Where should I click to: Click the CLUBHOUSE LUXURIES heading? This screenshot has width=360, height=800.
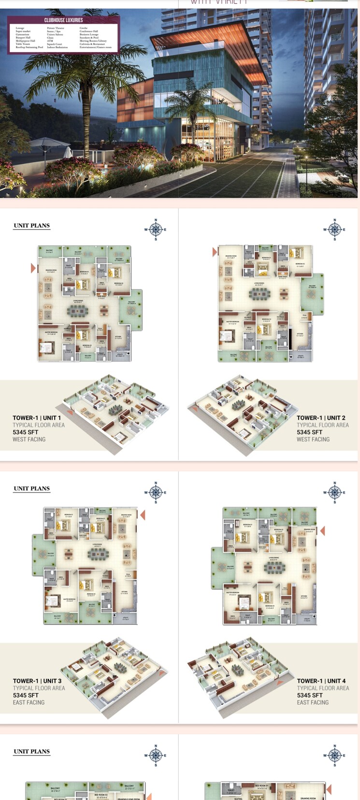pos(63,20)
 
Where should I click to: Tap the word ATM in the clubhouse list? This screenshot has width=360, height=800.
pos(50,41)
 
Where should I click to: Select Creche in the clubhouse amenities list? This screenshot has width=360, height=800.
pos(84,28)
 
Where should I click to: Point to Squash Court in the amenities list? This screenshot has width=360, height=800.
pos(55,44)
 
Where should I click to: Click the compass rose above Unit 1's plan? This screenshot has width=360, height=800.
pos(156,229)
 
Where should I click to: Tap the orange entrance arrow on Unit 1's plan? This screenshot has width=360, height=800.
pos(33,268)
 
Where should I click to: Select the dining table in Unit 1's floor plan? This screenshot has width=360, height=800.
pos(78,311)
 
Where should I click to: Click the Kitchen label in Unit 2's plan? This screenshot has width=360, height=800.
pos(300,334)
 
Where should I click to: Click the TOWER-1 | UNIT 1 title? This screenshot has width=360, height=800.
pos(37,418)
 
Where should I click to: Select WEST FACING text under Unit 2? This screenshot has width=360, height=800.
pos(313,439)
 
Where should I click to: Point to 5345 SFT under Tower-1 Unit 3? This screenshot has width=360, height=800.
pos(26,695)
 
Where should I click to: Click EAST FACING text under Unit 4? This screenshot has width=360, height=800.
pos(313,702)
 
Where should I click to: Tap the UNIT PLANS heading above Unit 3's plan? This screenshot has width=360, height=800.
pos(31,488)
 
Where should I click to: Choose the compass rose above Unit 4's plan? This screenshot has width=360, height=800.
pos(335,492)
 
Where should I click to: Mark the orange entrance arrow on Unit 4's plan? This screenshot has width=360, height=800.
pos(322,531)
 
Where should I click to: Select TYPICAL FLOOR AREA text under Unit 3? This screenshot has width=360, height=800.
pos(39,688)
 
